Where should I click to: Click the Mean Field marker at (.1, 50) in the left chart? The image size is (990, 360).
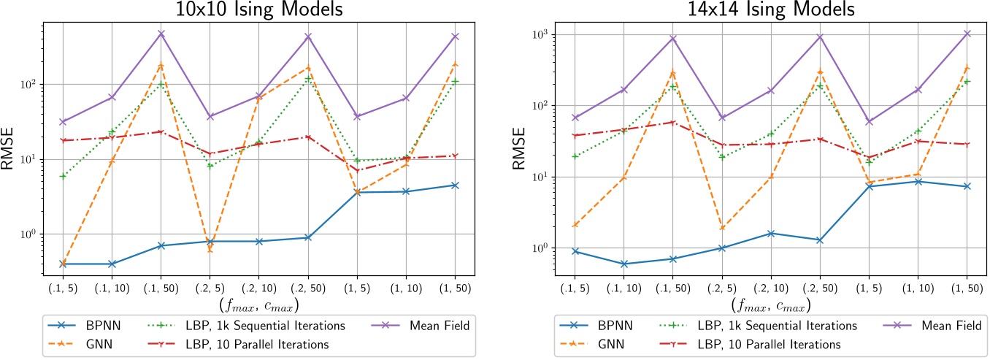tap(161, 34)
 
